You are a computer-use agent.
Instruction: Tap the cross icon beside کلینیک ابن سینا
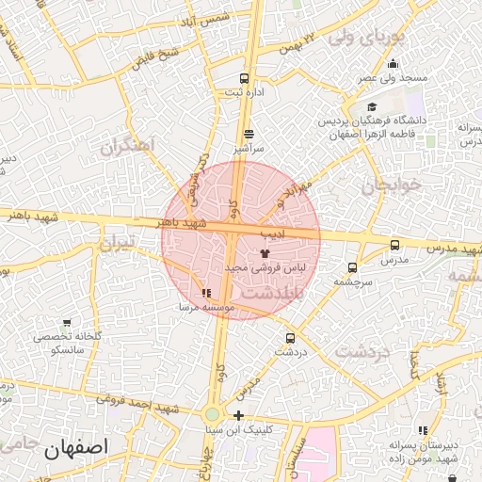coord(239,415)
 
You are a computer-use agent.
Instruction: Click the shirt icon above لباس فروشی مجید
coord(265,252)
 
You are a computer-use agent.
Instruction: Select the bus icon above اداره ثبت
coord(245,78)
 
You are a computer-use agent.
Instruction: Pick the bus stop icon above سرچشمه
coord(352,267)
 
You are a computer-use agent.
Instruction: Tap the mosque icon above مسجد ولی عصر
coord(393,64)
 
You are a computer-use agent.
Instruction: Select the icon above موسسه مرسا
coord(206,293)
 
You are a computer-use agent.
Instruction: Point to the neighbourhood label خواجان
coord(382,185)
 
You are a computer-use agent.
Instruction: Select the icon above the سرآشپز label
coord(248,134)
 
